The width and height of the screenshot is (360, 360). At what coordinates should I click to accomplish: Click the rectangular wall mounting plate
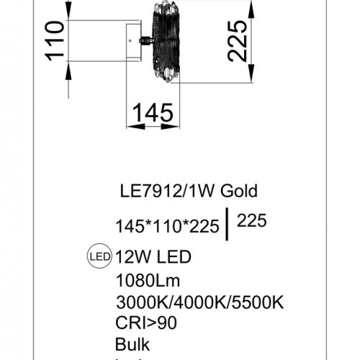click(x=134, y=42)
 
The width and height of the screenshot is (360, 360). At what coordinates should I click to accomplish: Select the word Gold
click(x=238, y=191)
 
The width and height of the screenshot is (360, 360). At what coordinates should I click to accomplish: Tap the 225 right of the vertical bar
click(x=251, y=222)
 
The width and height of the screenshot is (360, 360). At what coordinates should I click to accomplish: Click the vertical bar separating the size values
click(x=228, y=223)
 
